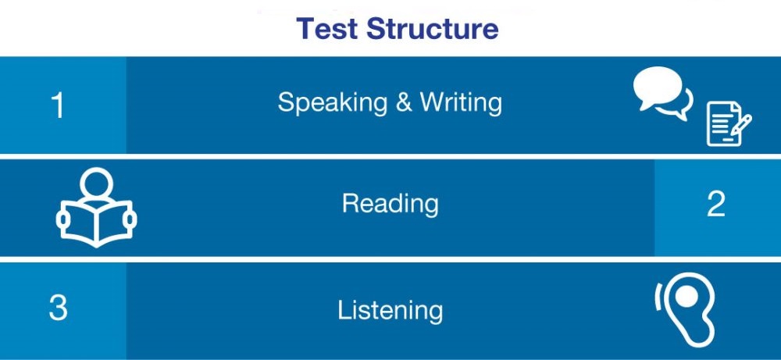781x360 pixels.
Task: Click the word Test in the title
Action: tap(327, 28)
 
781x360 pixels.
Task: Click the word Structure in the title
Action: tap(433, 28)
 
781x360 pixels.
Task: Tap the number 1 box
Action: tap(62, 105)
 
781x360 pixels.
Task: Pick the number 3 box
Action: tap(62, 311)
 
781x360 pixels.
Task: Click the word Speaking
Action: tap(333, 103)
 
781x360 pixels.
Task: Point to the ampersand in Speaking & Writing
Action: tap(404, 102)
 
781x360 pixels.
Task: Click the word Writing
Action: tap(461, 103)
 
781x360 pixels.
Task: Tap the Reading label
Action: tap(390, 204)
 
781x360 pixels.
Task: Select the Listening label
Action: tap(390, 310)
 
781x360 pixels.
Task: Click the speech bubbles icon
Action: tap(662, 93)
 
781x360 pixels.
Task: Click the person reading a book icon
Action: tap(96, 207)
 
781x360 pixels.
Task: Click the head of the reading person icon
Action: tap(96, 184)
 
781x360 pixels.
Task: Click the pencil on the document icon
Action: tap(742, 124)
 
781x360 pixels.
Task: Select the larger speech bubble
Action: tap(658, 88)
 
